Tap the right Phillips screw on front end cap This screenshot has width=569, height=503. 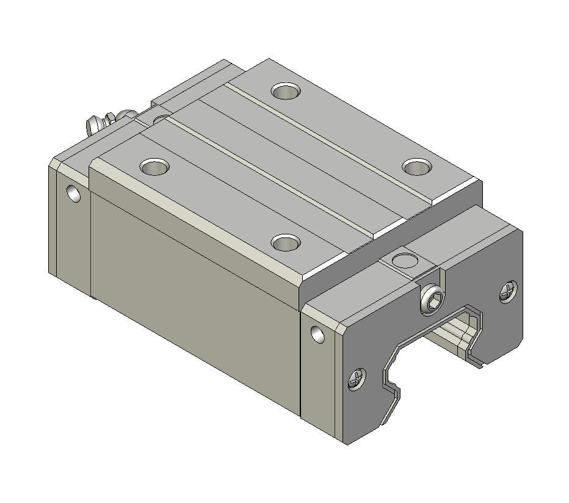(x=509, y=293)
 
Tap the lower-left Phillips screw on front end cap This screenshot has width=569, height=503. (x=356, y=379)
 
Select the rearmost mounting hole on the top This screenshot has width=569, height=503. (x=286, y=92)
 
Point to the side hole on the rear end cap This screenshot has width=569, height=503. (x=74, y=194)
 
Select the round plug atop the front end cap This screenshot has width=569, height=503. (x=404, y=261)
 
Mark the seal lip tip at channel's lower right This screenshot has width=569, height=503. (x=482, y=365)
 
